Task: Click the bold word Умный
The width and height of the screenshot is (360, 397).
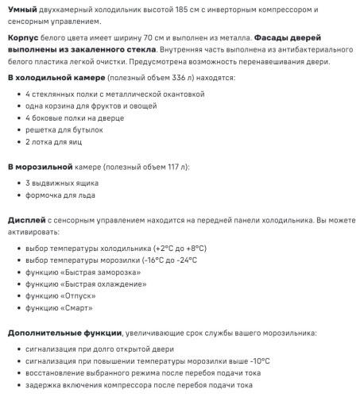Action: coord(22,9)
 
